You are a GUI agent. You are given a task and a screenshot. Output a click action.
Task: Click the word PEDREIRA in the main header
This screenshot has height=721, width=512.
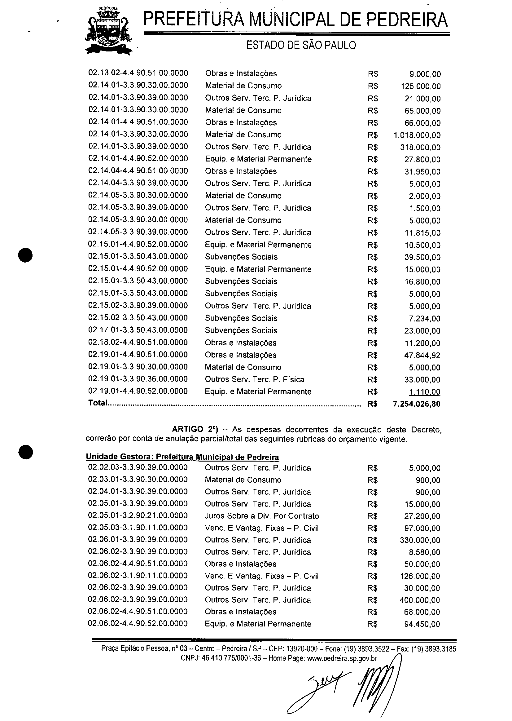[x=407, y=20]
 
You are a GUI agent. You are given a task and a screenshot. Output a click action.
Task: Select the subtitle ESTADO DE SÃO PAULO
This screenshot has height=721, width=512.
[x=301, y=46]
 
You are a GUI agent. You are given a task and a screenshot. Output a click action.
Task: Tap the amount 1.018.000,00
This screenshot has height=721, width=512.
[x=417, y=135]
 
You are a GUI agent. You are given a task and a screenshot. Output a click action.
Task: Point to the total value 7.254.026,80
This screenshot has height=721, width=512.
[x=417, y=404]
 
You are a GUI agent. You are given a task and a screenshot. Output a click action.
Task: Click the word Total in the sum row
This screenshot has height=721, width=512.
[x=98, y=403]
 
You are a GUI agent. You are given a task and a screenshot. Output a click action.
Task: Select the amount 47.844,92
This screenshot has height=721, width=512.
[x=422, y=355]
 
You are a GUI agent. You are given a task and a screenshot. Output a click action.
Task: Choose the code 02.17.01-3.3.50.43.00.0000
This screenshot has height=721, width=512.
[x=138, y=330]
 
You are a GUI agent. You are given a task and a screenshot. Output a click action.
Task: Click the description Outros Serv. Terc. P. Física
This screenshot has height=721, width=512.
[x=254, y=379]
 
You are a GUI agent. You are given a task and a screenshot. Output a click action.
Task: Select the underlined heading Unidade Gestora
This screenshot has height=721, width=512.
[x=182, y=457]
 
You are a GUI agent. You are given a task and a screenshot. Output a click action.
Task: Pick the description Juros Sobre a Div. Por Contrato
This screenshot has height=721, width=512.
[x=262, y=516]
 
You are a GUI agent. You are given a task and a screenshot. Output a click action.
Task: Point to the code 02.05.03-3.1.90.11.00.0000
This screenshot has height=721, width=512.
[x=138, y=528]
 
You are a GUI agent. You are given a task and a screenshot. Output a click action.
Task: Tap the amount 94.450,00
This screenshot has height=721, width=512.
[x=422, y=624]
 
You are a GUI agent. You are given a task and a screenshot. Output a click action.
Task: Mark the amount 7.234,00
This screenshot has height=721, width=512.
[x=424, y=319]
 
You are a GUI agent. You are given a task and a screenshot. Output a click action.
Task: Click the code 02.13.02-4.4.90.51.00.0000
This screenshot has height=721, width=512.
[x=138, y=73]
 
